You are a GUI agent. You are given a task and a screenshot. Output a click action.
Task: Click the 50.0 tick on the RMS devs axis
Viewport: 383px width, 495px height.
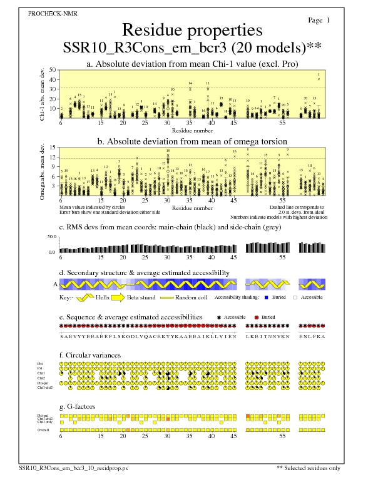52,237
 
